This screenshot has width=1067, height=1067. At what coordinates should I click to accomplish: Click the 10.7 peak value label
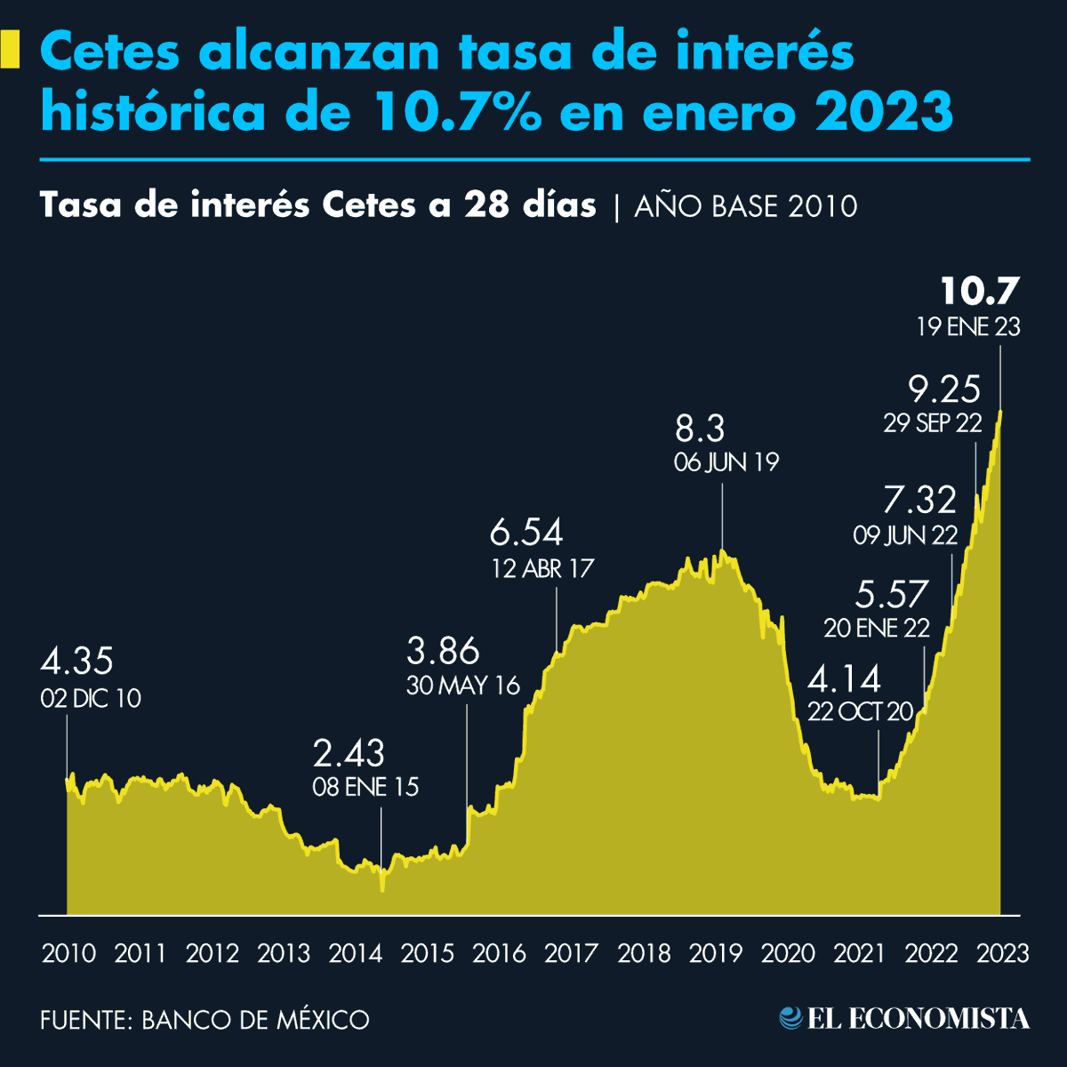coord(979,291)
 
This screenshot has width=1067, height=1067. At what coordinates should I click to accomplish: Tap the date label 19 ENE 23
coord(968,327)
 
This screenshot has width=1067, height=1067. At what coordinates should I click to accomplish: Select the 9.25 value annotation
coord(944,389)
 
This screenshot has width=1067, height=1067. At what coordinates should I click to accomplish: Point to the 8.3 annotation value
coord(700,429)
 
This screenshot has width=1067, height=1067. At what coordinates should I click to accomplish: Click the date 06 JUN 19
coord(726,462)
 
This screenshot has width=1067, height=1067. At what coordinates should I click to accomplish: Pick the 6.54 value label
coord(526,533)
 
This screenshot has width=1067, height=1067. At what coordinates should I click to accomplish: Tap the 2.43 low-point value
coord(349,754)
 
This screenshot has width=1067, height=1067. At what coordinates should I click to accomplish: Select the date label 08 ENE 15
coord(365,787)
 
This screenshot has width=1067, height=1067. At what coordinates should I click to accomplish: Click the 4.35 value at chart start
coord(76,662)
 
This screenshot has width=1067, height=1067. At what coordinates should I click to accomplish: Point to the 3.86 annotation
coord(443,652)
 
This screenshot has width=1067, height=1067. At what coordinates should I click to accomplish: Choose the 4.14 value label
coord(844,680)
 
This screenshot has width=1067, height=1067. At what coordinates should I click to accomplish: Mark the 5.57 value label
coord(892,594)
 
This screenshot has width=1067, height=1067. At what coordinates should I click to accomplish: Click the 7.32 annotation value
coord(919,501)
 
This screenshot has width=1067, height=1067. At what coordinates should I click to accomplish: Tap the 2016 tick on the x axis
coord(499,954)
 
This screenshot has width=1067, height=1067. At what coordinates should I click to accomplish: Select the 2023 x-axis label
coord(1002,954)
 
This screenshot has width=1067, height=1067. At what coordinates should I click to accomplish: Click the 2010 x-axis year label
coord(68,954)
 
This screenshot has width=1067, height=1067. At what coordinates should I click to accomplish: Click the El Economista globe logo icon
coord(790,1018)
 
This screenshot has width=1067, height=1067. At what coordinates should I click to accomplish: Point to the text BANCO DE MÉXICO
coord(255,1020)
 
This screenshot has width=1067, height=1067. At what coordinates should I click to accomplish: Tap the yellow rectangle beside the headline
coord(10,50)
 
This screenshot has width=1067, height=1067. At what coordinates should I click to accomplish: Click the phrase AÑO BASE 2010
coord(746,206)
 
